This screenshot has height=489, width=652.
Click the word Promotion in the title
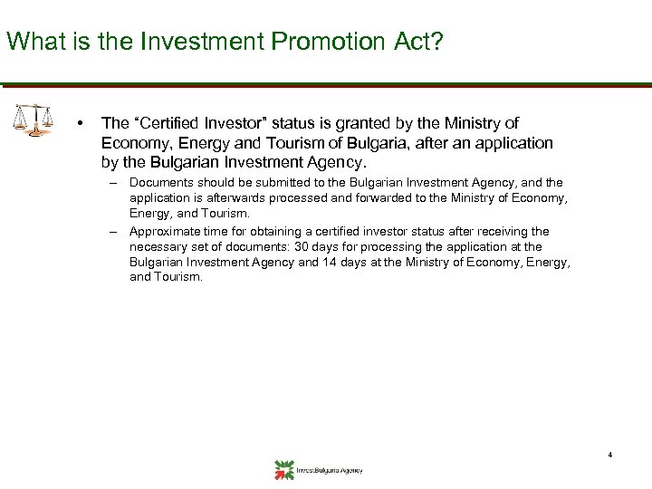tap(299, 41)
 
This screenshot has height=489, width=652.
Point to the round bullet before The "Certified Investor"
tap(81, 123)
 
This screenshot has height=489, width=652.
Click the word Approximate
tap(166, 232)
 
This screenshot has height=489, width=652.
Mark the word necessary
tap(158, 245)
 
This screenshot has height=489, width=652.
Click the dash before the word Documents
tap(116, 183)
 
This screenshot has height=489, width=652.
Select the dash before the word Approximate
tap(116, 232)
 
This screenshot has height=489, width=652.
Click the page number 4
tap(610, 454)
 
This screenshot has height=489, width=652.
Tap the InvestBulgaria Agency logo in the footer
tap(317, 469)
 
